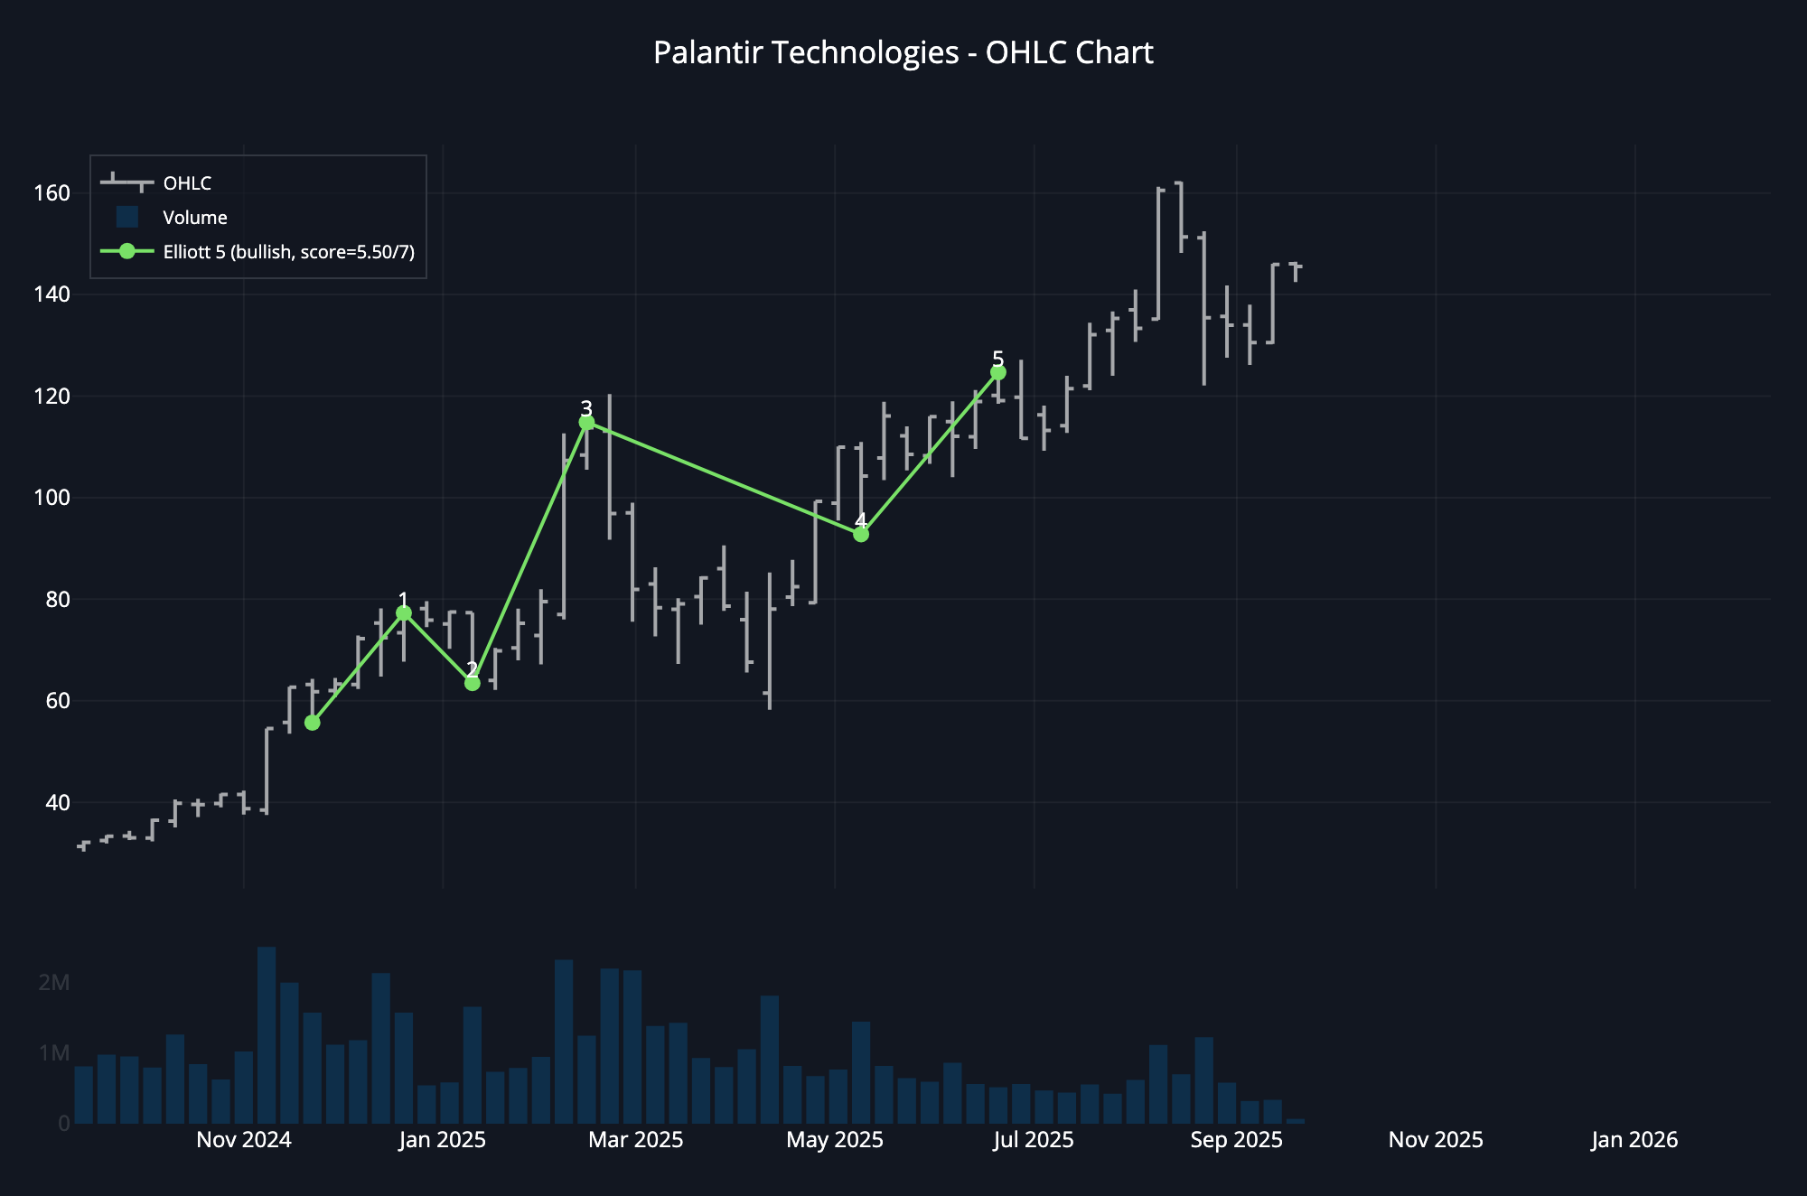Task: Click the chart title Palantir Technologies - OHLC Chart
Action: (903, 52)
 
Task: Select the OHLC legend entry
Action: (187, 183)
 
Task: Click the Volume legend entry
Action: (194, 218)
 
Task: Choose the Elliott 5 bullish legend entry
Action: (288, 252)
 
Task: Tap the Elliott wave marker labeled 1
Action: (404, 613)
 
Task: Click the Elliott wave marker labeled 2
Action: (472, 683)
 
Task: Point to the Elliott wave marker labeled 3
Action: (586, 423)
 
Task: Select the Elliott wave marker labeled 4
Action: (861, 535)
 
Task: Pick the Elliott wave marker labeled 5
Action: (998, 372)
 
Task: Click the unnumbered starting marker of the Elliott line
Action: (313, 723)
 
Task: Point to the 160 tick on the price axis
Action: (51, 193)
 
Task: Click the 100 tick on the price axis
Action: (51, 498)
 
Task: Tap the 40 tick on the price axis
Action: (57, 802)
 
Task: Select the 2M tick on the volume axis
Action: (54, 983)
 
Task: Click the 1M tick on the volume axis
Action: (54, 1053)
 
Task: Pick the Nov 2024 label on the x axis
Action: (244, 1140)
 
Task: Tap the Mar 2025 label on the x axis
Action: (636, 1140)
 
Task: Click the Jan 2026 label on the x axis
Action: (1634, 1140)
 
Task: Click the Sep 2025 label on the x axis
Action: (1236, 1140)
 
